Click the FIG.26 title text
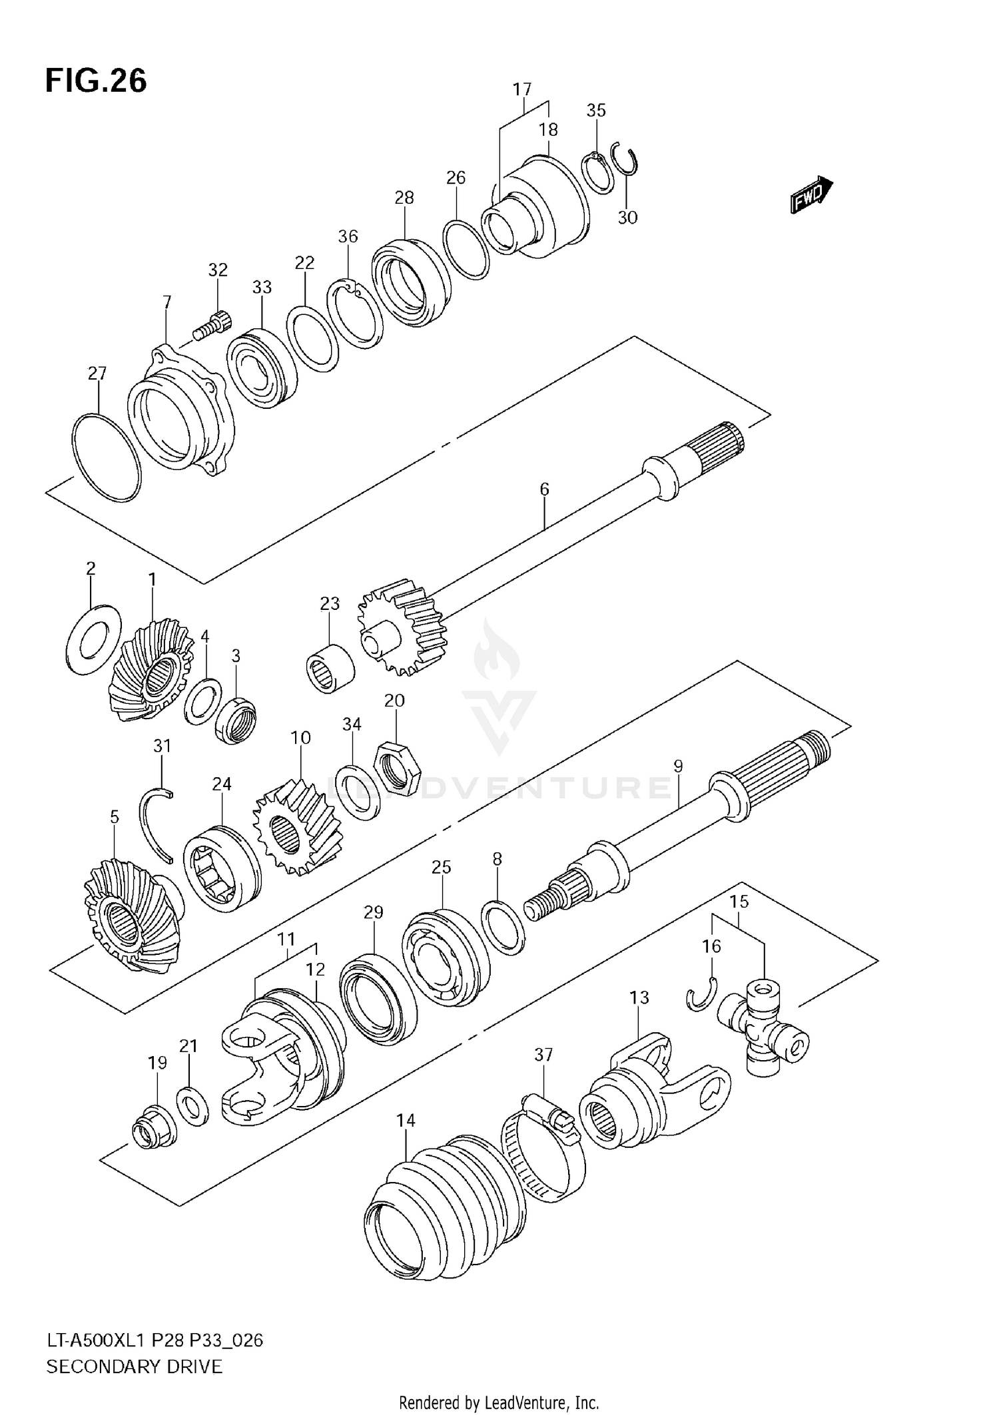pyautogui.click(x=96, y=81)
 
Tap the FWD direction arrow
pyautogui.click(x=811, y=194)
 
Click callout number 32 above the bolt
pyautogui.click(x=218, y=270)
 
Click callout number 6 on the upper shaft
pyautogui.click(x=544, y=489)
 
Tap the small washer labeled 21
pyautogui.click(x=192, y=1106)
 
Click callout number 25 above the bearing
pyautogui.click(x=441, y=867)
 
